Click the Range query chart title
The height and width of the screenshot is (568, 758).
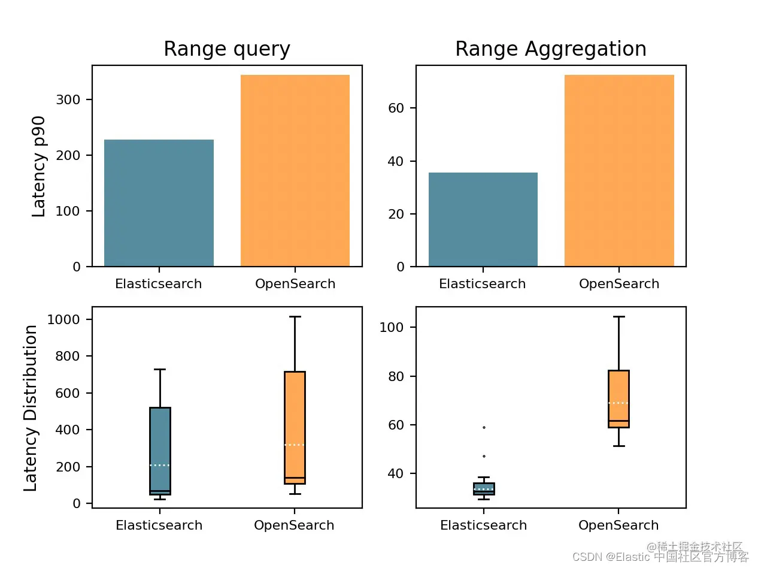227,49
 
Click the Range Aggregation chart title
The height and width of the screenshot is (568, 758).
551,49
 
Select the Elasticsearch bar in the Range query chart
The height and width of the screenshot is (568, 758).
159,203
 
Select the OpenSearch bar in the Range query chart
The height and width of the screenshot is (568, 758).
295,171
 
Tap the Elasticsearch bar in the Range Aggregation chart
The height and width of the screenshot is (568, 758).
483,219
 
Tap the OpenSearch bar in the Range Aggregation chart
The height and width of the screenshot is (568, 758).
619,171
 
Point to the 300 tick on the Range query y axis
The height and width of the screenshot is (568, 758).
69,99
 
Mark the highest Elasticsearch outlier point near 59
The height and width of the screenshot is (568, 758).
484,427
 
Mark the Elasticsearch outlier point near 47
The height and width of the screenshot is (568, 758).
484,457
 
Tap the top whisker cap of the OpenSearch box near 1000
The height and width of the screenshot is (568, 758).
295,316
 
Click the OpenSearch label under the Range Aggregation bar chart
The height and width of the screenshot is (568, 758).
619,284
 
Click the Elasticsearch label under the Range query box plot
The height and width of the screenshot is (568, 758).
159,525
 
